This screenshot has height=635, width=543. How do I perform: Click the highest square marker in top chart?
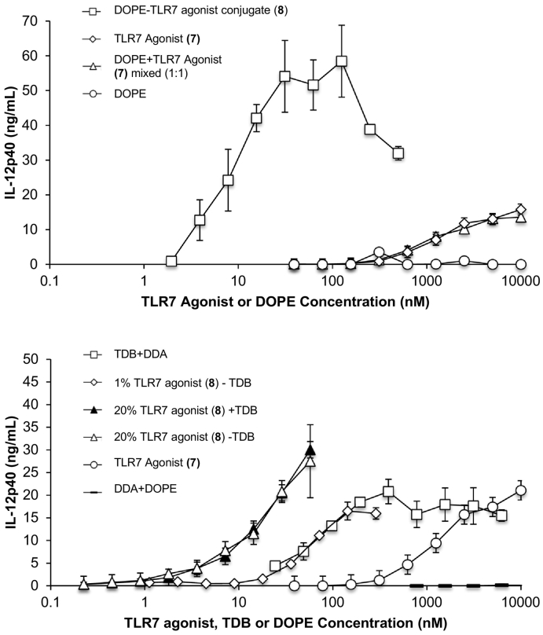(341, 61)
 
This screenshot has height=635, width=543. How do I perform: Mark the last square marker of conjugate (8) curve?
(398, 153)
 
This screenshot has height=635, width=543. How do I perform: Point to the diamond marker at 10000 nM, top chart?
(519, 210)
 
